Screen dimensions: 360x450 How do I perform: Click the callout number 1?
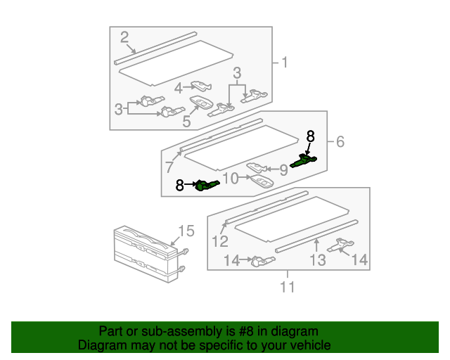coord(285,63)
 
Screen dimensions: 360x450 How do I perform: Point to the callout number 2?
coord(124,37)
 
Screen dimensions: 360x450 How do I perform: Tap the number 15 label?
coord(185,231)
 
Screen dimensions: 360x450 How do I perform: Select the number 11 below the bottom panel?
coord(287,286)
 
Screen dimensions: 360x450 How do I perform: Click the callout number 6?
coord(340,142)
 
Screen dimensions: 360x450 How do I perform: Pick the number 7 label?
coord(169,167)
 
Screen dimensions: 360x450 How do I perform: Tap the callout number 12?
coord(220,242)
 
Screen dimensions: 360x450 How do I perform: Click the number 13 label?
coord(318,261)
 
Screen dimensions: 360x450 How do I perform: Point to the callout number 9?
coord(284,169)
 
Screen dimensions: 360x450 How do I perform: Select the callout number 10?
coord(231,178)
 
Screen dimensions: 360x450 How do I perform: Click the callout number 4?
coord(179,88)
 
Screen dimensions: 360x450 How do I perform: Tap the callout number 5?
coord(187,121)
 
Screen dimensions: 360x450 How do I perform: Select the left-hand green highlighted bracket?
coord(207,185)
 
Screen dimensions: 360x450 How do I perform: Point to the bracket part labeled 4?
coord(202,86)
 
